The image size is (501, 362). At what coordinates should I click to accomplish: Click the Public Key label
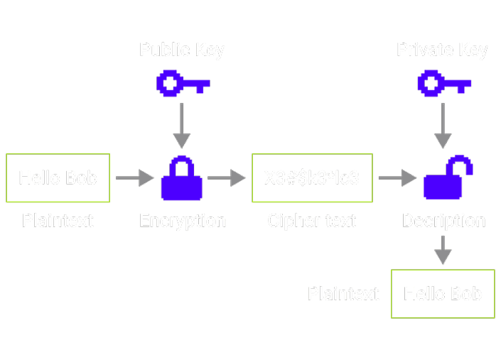coord(182,50)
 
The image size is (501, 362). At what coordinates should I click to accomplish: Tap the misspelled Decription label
coord(443,221)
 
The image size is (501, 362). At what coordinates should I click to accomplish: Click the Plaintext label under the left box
coord(58,221)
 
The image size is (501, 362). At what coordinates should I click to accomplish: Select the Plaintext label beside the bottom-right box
coord(343,294)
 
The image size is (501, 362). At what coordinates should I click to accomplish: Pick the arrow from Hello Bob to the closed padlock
coord(134,177)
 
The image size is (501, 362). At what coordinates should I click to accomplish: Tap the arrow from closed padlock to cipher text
coord(227,177)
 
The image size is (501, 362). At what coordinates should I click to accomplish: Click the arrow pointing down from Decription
coord(443,250)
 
